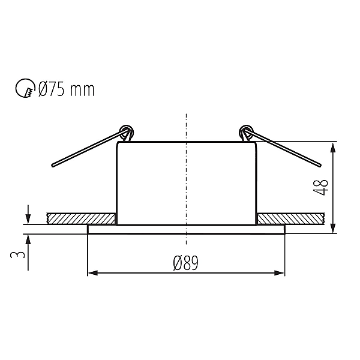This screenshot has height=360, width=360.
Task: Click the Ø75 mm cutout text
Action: (x=67, y=89)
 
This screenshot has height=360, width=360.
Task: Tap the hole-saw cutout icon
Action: (x=25, y=88)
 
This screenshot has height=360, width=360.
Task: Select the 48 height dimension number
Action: (x=321, y=188)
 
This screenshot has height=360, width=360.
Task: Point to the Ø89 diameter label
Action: (x=185, y=263)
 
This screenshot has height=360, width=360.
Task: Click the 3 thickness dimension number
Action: (x=17, y=254)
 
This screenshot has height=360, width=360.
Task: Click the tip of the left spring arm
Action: (x=53, y=166)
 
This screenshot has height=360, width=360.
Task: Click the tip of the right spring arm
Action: (x=320, y=165)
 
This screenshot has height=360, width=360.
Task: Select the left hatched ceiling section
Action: (x=81, y=218)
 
